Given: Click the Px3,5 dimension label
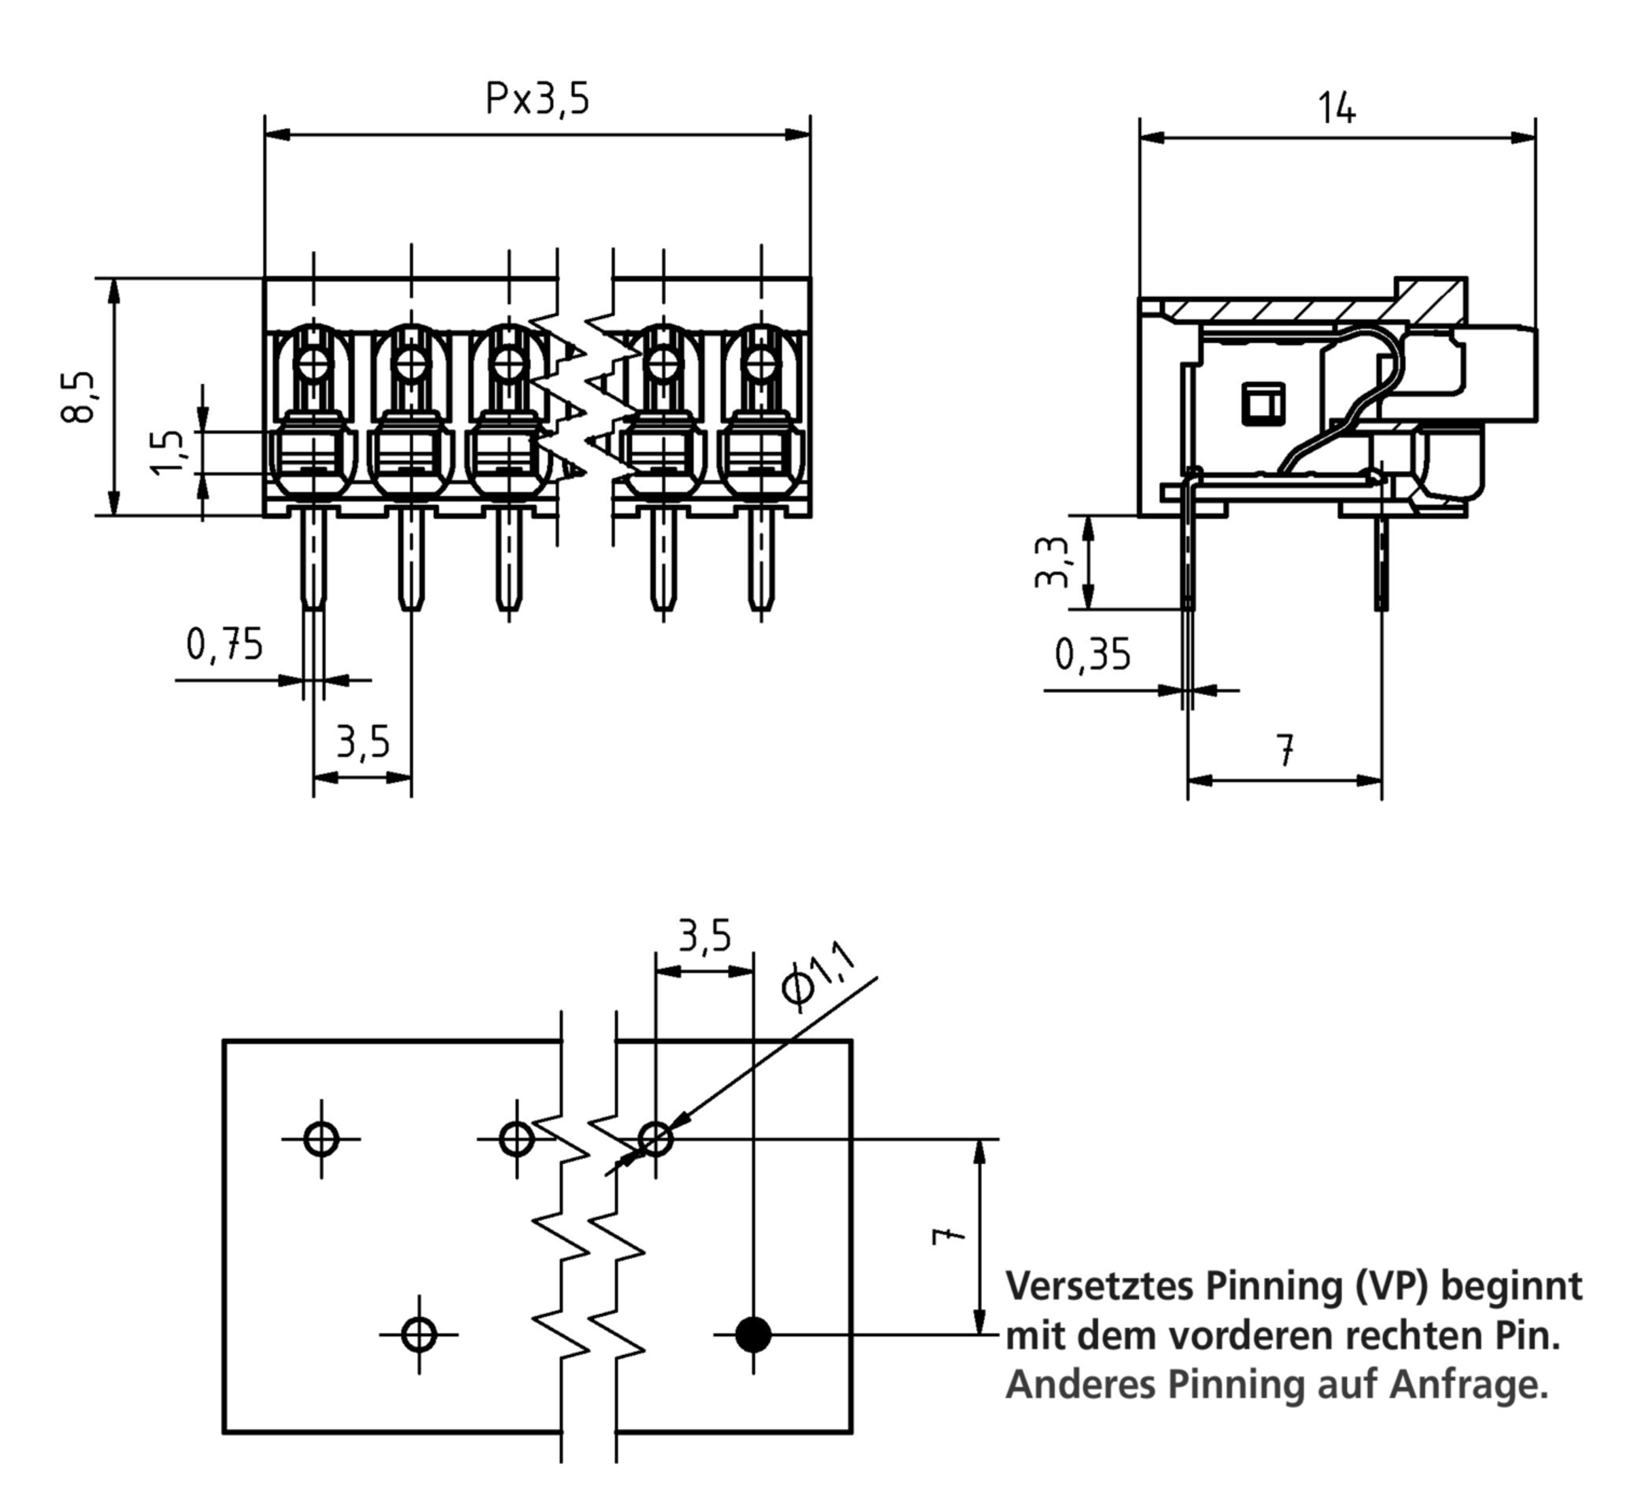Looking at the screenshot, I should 537,99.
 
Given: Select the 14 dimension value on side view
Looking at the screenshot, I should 1337,109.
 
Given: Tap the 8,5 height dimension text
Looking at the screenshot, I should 78,398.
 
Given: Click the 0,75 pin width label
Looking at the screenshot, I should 224,645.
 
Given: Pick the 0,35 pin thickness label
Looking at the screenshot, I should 1092,655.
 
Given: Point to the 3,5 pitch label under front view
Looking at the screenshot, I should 362,742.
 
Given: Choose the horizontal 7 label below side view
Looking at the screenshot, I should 1284,750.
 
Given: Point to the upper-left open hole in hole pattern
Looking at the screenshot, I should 321,1139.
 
